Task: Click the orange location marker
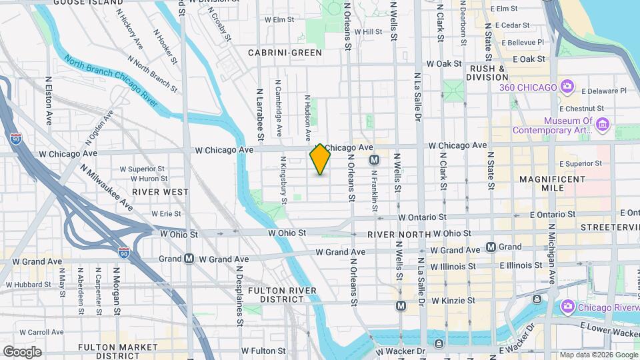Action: pyautogui.click(x=320, y=160)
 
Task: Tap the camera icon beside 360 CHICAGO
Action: pyautogui.click(x=567, y=87)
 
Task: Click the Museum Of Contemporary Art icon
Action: pyautogui.click(x=603, y=125)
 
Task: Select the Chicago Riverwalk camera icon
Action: pyautogui.click(x=568, y=307)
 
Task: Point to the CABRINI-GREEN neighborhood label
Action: pyautogui.click(x=285, y=52)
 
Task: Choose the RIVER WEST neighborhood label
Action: pyautogui.click(x=160, y=191)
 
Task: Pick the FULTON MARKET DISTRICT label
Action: pyautogui.click(x=109, y=351)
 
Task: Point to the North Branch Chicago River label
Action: pyautogui.click(x=111, y=83)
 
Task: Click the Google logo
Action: pyautogui.click(x=22, y=351)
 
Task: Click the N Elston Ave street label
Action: pyautogui.click(x=49, y=100)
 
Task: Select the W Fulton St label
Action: pyautogui.click(x=263, y=350)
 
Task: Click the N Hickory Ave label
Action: pyautogui.click(x=129, y=29)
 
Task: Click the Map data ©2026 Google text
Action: pyautogui.click(x=599, y=355)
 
